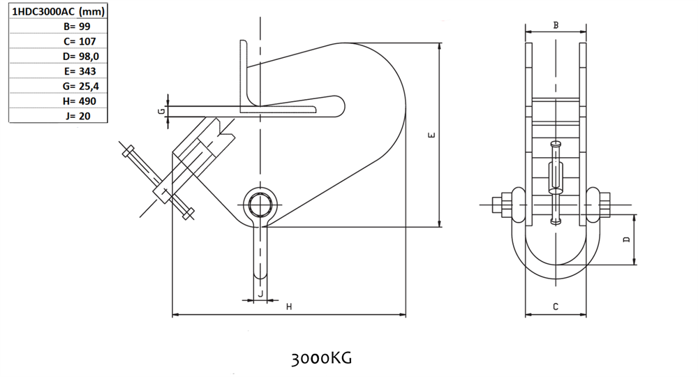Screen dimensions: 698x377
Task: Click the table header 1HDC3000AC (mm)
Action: click(x=58, y=11)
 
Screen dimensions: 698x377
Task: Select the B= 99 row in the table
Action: click(x=77, y=27)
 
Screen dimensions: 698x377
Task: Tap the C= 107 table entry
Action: click(x=80, y=41)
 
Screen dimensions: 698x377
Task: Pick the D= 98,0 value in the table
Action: click(x=80, y=56)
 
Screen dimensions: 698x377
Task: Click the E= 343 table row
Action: click(x=80, y=71)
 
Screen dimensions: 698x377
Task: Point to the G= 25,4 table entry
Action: click(x=80, y=87)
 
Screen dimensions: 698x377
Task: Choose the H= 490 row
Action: click(x=80, y=101)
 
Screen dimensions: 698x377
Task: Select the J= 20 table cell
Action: click(x=77, y=116)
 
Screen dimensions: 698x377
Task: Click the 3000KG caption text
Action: click(x=321, y=358)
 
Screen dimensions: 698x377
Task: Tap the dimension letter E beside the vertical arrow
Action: click(x=431, y=135)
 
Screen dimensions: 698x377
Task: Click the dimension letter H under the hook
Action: click(x=289, y=306)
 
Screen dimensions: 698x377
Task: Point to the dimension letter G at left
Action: click(x=162, y=111)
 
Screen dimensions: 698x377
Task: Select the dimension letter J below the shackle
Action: click(x=261, y=294)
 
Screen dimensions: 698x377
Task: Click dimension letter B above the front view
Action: click(x=556, y=25)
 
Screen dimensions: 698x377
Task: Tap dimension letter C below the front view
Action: click(x=556, y=306)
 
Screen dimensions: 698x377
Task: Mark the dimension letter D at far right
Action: click(x=627, y=239)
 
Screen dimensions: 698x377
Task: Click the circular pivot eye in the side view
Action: click(x=260, y=205)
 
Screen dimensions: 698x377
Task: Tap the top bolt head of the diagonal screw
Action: click(x=128, y=151)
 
